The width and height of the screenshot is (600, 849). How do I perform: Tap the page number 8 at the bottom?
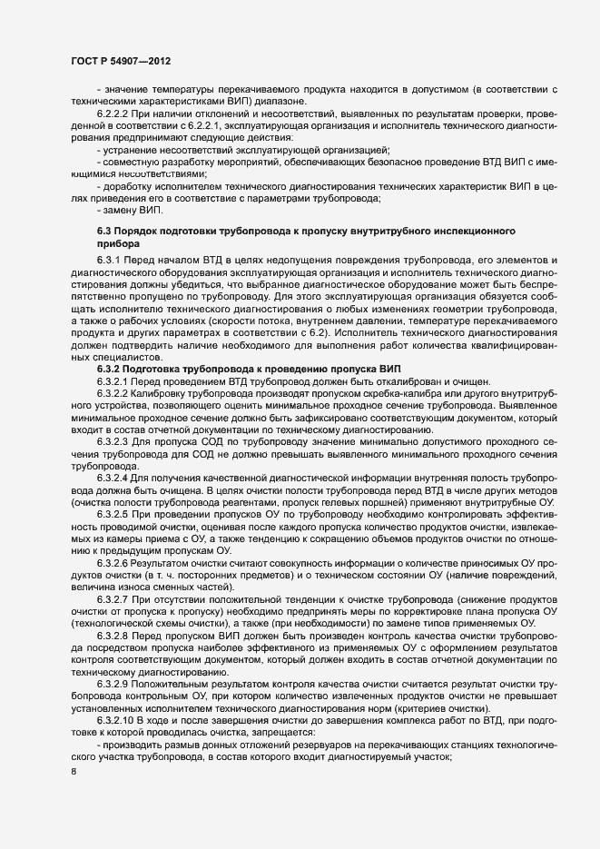pos(74,773)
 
